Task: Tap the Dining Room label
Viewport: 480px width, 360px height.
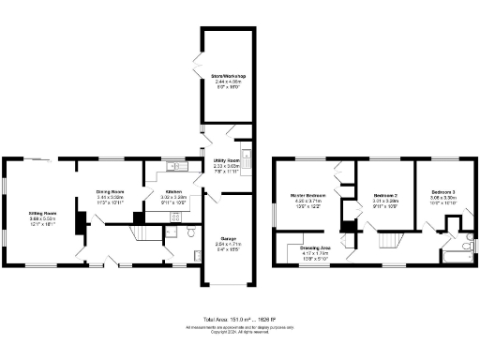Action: click(x=111, y=192)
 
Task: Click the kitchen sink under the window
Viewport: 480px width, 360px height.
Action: click(x=173, y=167)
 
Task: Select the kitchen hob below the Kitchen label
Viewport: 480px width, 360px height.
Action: click(x=174, y=216)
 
